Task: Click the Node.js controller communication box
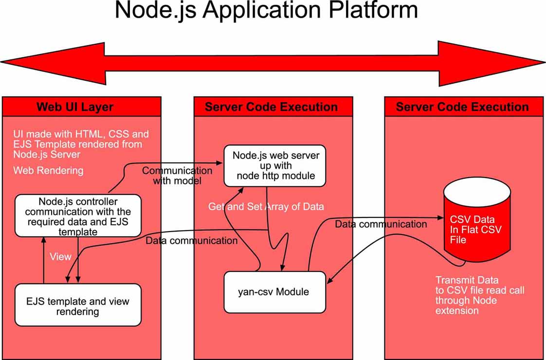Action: pyautogui.click(x=78, y=216)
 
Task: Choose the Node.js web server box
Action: pyautogui.click(x=275, y=166)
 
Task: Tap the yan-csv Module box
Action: pyautogui.click(x=274, y=292)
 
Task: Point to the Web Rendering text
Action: pyautogui.click(x=48, y=171)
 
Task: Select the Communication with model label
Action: pyautogui.click(x=177, y=176)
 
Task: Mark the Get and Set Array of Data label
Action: pyautogui.click(x=266, y=207)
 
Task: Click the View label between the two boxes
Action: pyautogui.click(x=61, y=256)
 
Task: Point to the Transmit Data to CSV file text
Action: pyautogui.click(x=479, y=295)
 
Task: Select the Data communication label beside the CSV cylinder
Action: pyautogui.click(x=381, y=224)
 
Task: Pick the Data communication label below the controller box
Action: pyautogui.click(x=192, y=240)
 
